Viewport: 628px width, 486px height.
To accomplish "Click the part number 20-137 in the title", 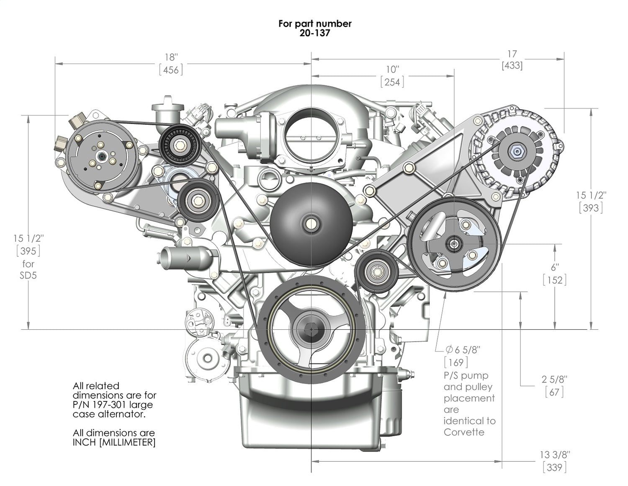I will coord(314,33).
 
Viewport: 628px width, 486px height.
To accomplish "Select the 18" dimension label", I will coord(171,57).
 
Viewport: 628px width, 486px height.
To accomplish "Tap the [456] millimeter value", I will coord(171,70).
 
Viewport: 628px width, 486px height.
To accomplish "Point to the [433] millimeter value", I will coord(512,65).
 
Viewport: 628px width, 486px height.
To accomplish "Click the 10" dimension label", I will coord(392,69).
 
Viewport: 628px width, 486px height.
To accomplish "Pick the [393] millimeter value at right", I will coord(591,207).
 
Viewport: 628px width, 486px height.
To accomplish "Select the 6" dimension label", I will coord(555,267).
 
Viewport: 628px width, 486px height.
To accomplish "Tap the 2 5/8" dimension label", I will coord(554,379).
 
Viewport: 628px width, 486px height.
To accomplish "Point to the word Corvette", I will coord(464,432).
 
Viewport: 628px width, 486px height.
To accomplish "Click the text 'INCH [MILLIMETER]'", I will coord(114,442).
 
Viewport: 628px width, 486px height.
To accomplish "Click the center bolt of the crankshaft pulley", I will coord(312,329).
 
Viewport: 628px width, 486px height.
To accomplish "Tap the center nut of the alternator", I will coord(514,150).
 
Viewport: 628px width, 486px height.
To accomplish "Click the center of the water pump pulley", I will coord(311,223).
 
